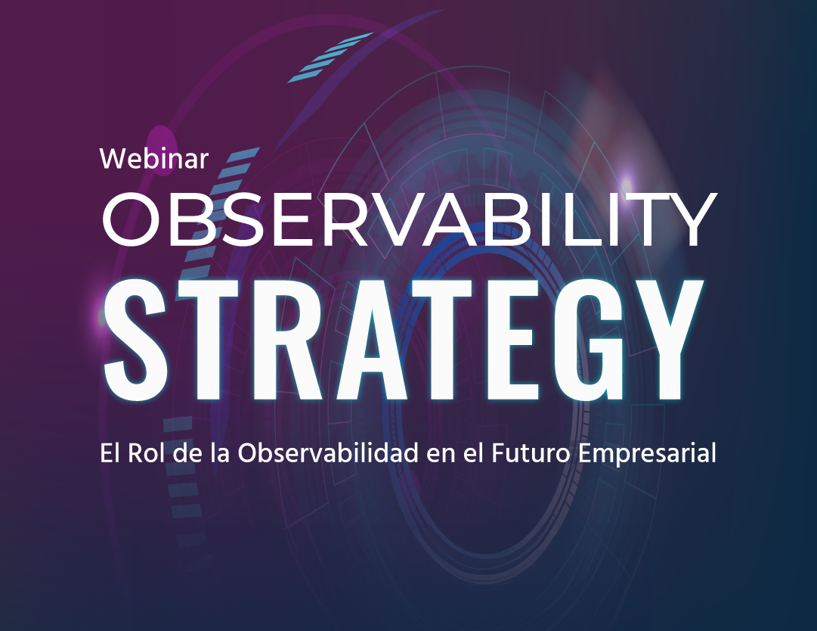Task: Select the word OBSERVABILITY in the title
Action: [x=409, y=219]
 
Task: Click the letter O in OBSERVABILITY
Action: [x=129, y=219]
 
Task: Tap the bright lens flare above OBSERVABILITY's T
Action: [x=626, y=183]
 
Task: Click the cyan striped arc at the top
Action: [x=330, y=57]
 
